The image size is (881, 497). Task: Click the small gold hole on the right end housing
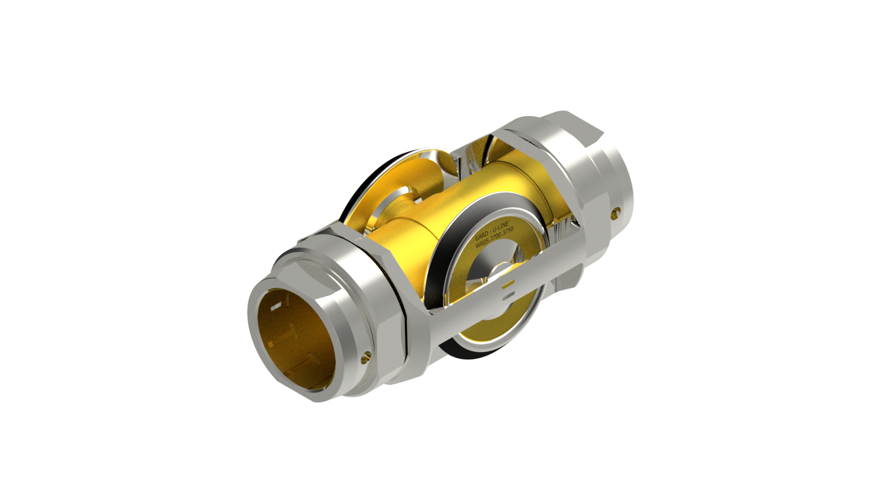pyautogui.click(x=614, y=215)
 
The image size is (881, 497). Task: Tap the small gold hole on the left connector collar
pyautogui.click(x=367, y=355)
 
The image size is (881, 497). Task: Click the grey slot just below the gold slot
pyautogui.click(x=508, y=295)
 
